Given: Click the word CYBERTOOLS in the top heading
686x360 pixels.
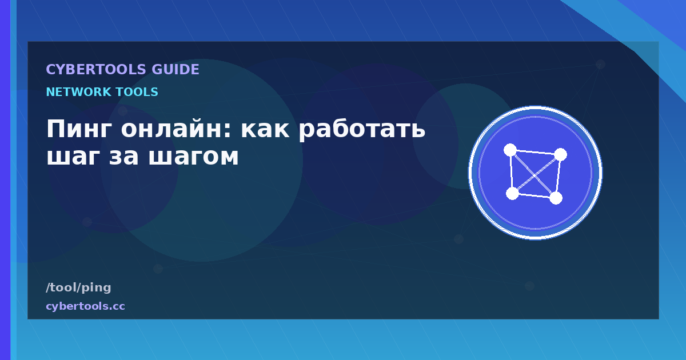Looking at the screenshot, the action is (96, 70).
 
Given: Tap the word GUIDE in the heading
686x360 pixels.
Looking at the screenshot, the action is (175, 70).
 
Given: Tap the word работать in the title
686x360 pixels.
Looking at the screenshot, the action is (362, 130).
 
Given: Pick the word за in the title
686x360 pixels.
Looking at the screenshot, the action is (123, 157).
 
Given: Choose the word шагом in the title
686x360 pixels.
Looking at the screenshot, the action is (193, 157).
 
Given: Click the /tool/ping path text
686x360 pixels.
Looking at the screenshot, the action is (78, 287).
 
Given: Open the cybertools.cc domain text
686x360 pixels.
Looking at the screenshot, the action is (85, 306).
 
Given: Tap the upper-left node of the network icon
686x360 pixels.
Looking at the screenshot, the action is (510, 150).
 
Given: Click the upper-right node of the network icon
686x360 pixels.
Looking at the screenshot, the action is (560, 155).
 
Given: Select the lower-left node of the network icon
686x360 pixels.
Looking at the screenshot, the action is (512, 194).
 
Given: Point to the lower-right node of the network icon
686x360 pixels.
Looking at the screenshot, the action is (556, 198).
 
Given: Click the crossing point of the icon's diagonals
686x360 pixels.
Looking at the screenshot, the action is (535, 175).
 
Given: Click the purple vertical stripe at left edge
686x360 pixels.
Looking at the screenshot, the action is (5, 180).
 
